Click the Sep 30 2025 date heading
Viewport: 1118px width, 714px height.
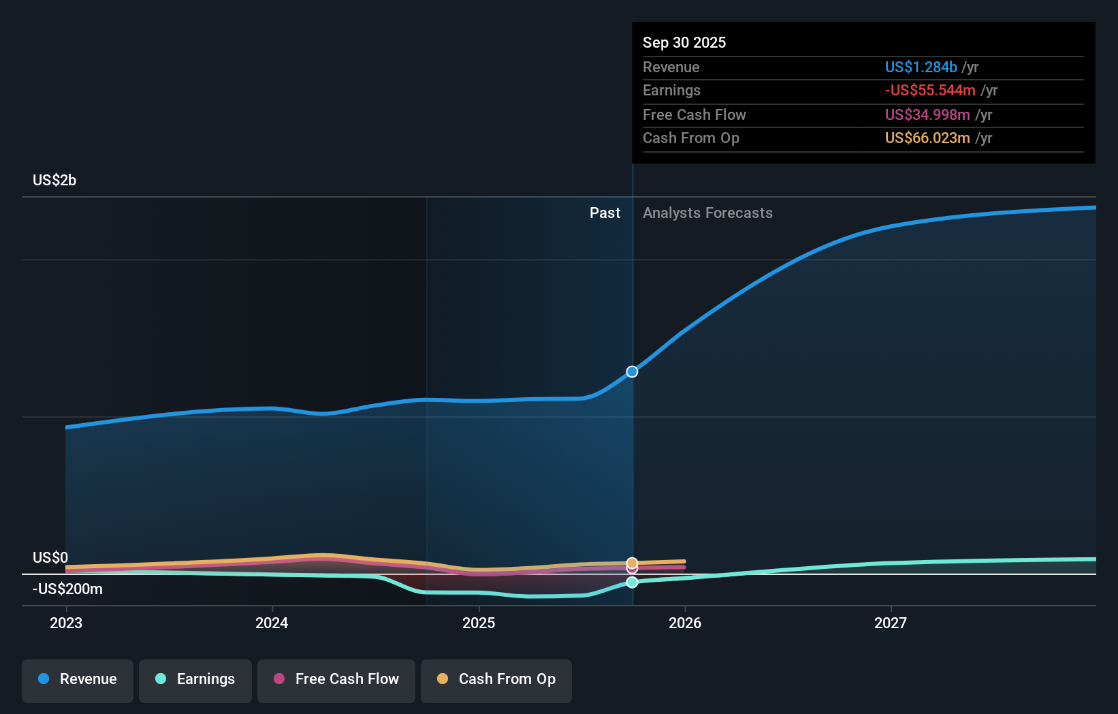point(684,42)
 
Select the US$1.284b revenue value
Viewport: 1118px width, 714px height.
point(921,67)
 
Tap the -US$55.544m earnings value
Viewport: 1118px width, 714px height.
point(929,90)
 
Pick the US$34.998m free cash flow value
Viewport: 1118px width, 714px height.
point(927,114)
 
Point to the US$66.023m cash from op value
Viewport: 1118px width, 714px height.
point(927,138)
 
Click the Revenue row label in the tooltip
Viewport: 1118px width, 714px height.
point(671,67)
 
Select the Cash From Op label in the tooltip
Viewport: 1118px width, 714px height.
point(690,138)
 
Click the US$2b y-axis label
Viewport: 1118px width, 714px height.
point(54,180)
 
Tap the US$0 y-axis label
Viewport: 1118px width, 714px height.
point(50,557)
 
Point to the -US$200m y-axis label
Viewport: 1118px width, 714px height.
point(67,589)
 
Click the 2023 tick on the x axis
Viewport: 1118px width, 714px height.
point(66,623)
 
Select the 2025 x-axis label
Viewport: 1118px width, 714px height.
point(479,623)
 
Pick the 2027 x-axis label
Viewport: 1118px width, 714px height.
point(891,623)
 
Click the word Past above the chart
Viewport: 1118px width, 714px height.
point(605,213)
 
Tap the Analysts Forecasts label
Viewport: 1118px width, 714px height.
point(707,213)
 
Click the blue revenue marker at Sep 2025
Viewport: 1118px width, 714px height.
point(632,371)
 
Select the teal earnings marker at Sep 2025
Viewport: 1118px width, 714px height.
point(632,582)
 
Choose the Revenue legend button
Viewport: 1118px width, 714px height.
point(78,679)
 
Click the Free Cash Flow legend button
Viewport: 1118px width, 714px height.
point(336,679)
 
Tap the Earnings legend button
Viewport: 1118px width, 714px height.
point(195,679)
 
